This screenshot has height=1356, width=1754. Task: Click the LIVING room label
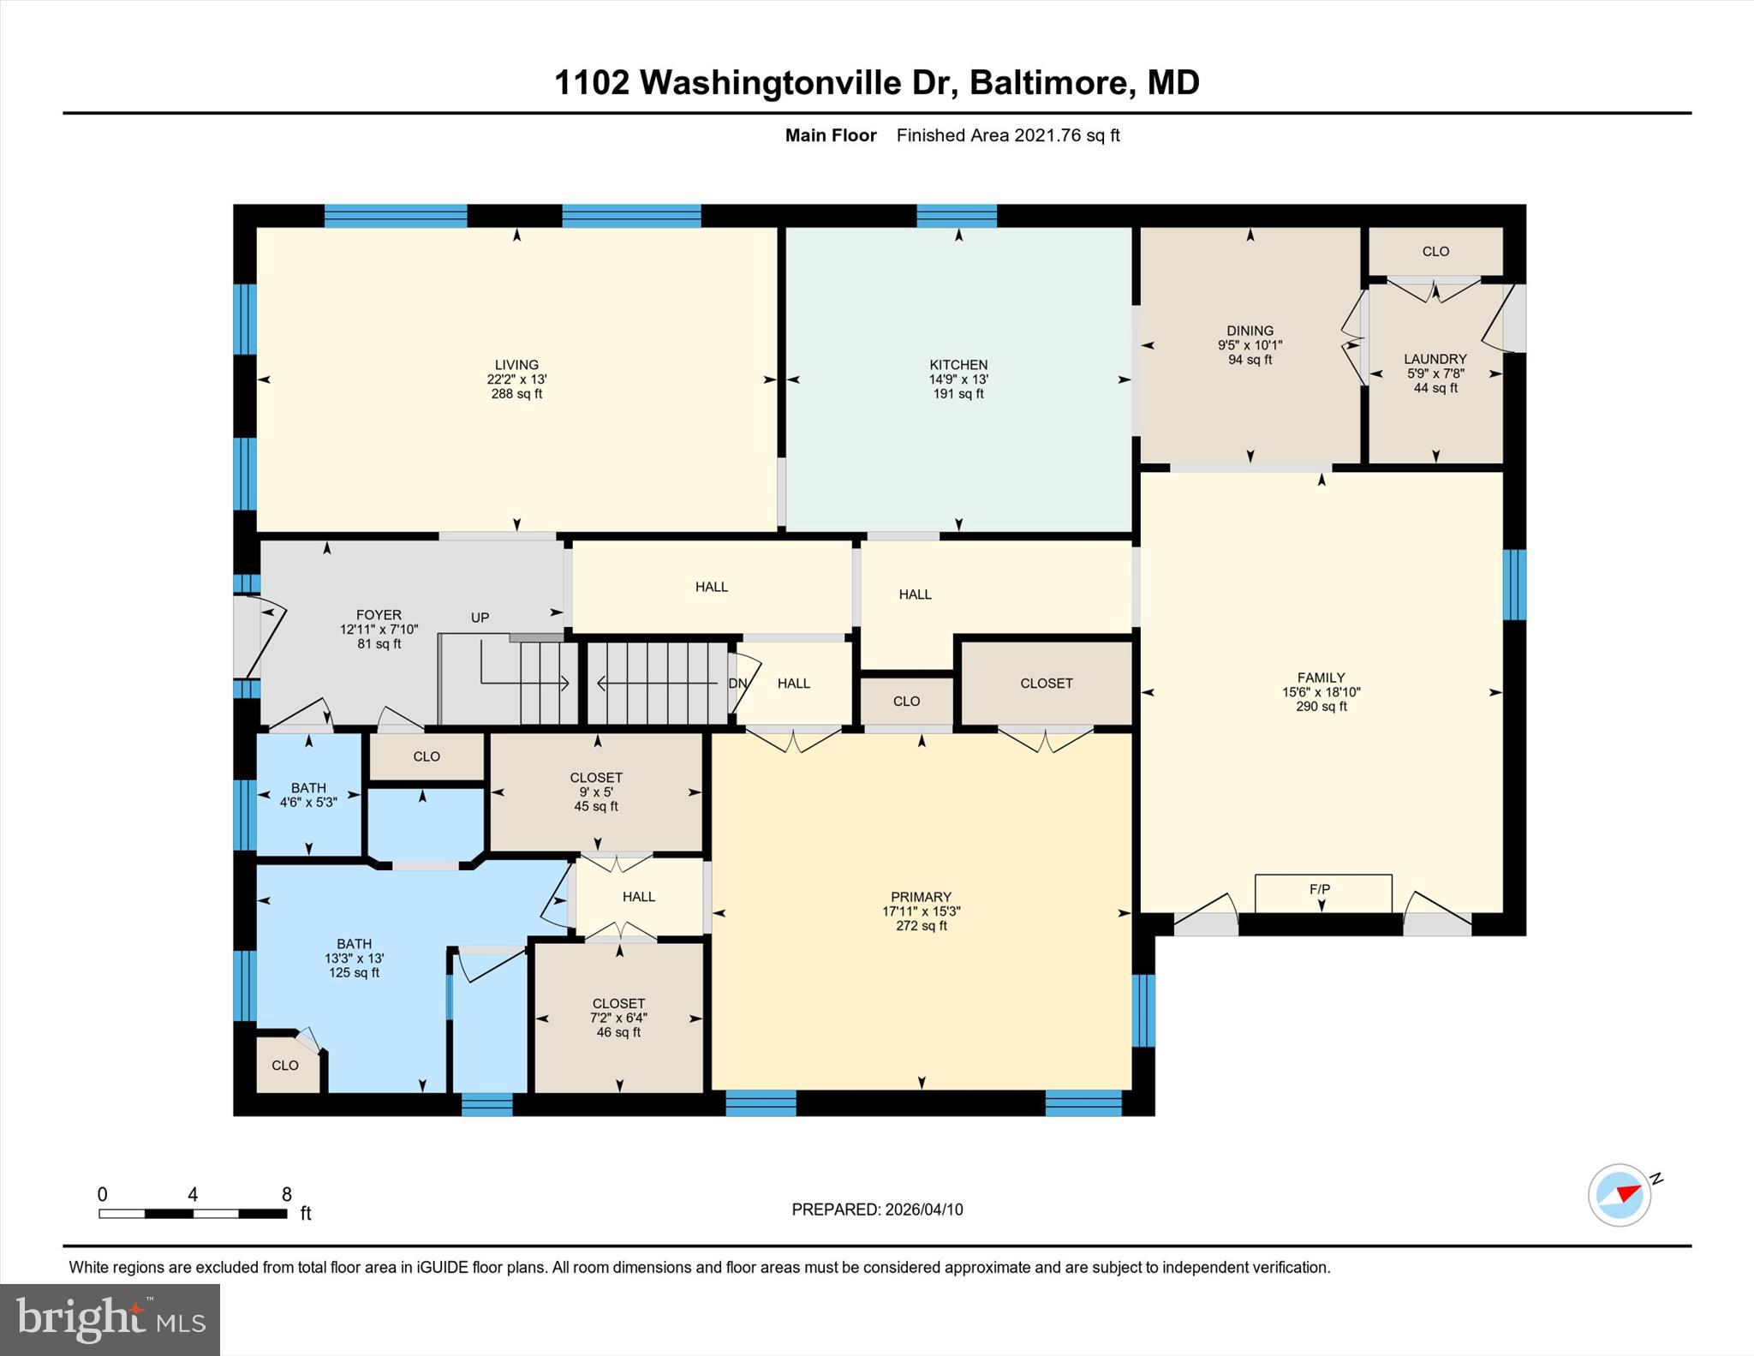[516, 365]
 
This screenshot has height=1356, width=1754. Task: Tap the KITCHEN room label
[958, 365]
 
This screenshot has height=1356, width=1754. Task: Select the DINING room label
[1250, 331]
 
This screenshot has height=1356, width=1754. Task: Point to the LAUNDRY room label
[1435, 359]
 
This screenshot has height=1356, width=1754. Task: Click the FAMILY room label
[1321, 678]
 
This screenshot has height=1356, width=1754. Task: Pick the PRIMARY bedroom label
[921, 898]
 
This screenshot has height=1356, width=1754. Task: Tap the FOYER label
[379, 615]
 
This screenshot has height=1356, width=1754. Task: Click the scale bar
[193, 1213]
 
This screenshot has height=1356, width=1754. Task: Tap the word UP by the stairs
[480, 618]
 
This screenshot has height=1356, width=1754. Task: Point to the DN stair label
[737, 684]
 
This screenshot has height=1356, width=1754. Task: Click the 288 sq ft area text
[516, 394]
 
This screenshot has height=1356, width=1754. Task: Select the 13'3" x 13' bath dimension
[354, 959]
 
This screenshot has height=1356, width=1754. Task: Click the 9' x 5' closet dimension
[596, 792]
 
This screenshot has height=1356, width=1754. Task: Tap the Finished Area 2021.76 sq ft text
[1008, 135]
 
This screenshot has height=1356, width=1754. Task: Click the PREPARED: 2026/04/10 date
[877, 1210]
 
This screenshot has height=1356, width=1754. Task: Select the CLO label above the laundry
[1435, 252]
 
